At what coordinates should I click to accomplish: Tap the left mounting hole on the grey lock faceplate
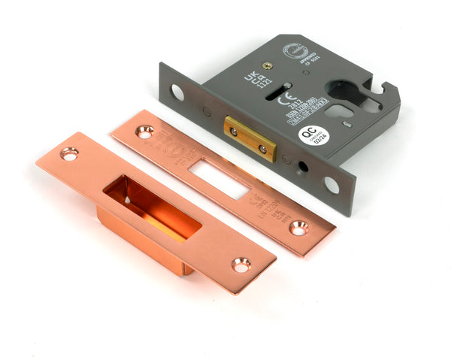point(177,92)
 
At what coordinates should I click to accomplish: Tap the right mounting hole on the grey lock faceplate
point(331,183)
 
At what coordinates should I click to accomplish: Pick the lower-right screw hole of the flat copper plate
point(299,227)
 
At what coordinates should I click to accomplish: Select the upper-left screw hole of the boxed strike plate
point(69,154)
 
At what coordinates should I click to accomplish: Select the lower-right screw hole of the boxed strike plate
point(241,265)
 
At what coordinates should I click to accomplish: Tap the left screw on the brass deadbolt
point(234,132)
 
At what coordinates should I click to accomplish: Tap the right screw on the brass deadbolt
point(262,149)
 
